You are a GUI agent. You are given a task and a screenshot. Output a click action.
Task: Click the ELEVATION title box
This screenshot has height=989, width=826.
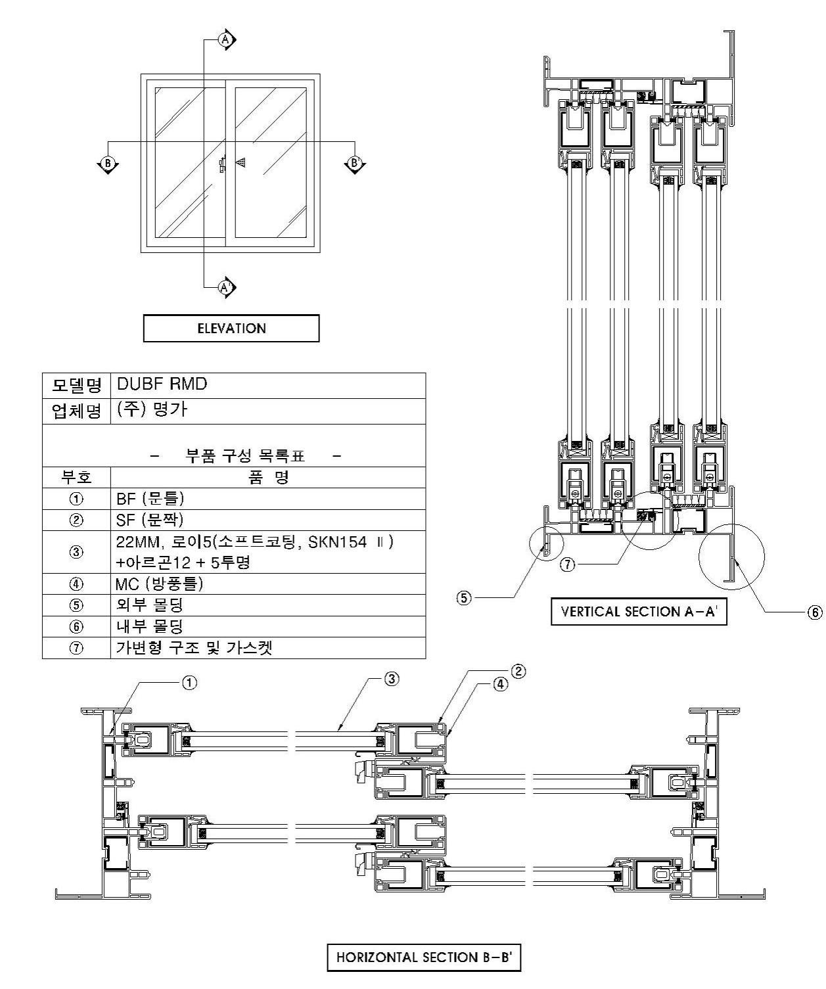(x=231, y=329)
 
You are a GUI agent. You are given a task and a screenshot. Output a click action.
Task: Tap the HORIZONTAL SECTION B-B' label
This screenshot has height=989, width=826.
(x=424, y=957)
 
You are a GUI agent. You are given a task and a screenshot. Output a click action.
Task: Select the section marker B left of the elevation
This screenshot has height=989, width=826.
(x=107, y=162)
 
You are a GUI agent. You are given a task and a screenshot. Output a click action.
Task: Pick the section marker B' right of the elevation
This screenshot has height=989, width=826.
(x=354, y=162)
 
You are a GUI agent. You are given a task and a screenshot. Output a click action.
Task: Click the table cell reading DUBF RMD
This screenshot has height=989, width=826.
(x=267, y=385)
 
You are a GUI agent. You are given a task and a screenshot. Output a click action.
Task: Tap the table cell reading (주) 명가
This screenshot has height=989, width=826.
(x=267, y=411)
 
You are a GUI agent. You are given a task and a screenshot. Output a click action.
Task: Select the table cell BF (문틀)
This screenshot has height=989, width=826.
(x=267, y=498)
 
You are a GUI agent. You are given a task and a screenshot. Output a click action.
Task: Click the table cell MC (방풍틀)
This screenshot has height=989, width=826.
(x=267, y=584)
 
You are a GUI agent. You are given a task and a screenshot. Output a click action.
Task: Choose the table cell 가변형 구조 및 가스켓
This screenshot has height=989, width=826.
(x=267, y=648)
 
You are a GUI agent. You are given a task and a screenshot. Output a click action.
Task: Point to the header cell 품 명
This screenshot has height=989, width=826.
(x=267, y=477)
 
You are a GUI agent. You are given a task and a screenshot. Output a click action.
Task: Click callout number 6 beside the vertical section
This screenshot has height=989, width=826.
(x=814, y=612)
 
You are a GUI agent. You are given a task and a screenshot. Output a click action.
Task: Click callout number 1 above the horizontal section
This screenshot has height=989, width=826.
(x=189, y=683)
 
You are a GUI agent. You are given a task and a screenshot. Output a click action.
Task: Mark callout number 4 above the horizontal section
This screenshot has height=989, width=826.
(x=500, y=683)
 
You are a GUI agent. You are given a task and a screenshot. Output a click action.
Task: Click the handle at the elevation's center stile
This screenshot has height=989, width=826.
(x=223, y=164)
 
